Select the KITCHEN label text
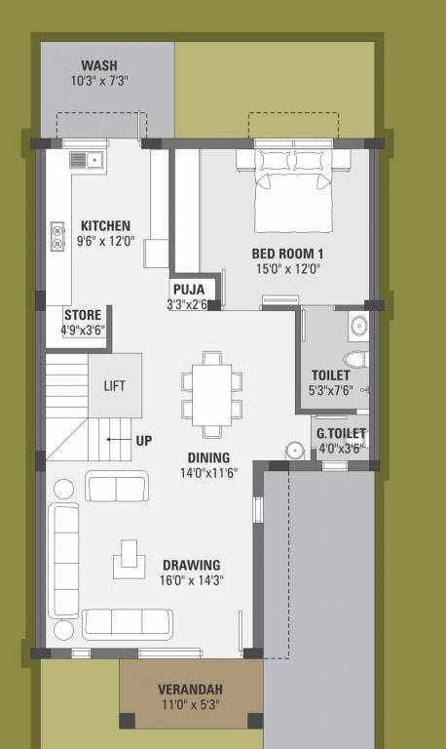coord(105,225)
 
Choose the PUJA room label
coord(187,290)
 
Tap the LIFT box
coord(115,385)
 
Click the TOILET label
coord(331,375)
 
